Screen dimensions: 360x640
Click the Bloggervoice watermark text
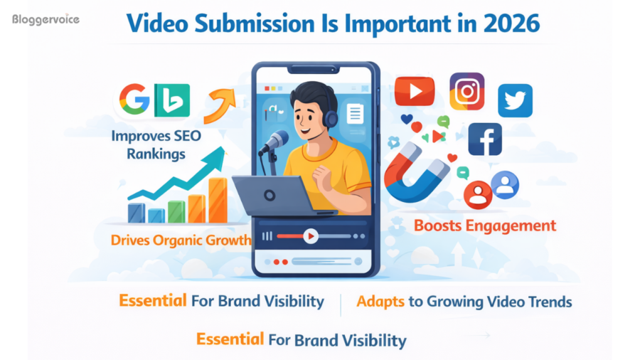[46, 20]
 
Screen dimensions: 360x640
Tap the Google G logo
[134, 99]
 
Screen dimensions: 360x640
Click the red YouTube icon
[414, 92]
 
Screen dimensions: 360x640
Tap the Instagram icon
[466, 92]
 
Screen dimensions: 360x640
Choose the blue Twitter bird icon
[515, 100]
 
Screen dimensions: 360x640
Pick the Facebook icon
[484, 139]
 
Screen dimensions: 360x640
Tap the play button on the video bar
[310, 235]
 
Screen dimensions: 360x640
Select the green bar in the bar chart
[176, 211]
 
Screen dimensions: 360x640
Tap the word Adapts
[380, 302]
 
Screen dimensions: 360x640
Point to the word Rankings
[157, 153]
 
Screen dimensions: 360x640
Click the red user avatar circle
[477, 194]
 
